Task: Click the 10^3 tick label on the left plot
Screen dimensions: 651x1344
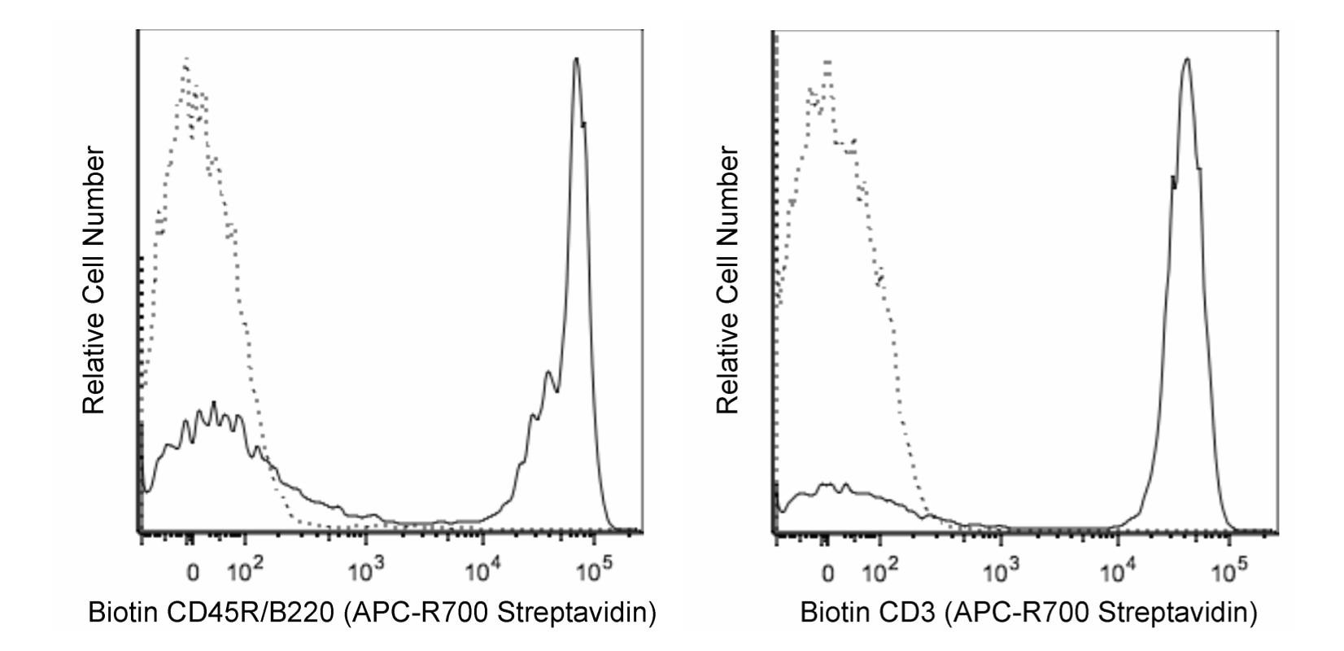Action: (x=366, y=572)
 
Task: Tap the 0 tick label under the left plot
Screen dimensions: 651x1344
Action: (x=192, y=573)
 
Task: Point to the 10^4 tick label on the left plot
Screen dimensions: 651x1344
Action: (x=482, y=572)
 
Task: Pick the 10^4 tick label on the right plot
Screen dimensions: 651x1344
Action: (x=1117, y=572)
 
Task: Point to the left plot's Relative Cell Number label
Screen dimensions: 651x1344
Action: (x=94, y=281)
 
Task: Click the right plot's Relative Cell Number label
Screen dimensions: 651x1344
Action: (x=728, y=281)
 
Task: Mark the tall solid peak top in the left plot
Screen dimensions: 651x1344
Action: (x=576, y=59)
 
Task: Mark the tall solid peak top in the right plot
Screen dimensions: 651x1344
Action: (x=1187, y=59)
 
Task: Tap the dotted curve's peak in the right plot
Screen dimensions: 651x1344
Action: (x=827, y=61)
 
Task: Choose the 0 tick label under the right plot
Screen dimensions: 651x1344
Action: (x=827, y=573)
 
